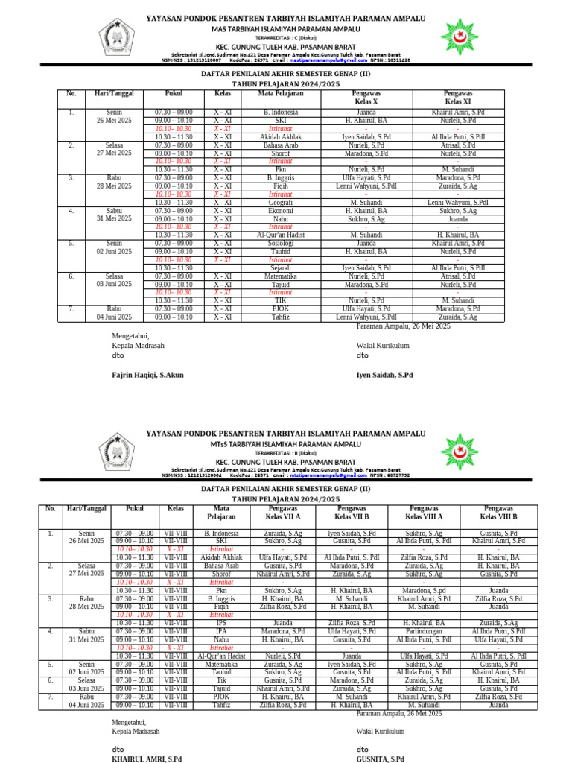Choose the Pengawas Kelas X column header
pyautogui.click(x=366, y=97)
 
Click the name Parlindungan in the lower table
pyautogui.click(x=423, y=631)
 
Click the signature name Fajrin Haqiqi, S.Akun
pyautogui.click(x=147, y=375)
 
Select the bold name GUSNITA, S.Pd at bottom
pyautogui.click(x=381, y=759)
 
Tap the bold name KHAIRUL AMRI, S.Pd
pyautogui.click(x=147, y=759)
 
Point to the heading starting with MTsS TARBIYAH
pyautogui.click(x=286, y=445)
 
